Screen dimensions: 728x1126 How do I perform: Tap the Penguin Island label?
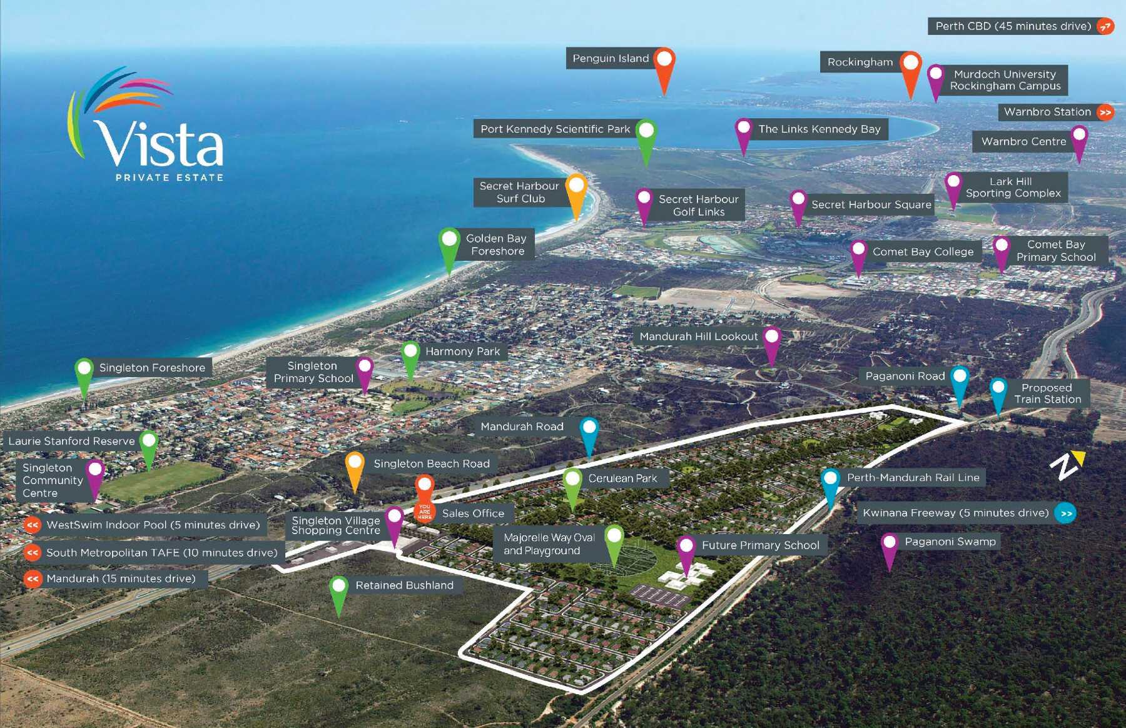[x=611, y=59]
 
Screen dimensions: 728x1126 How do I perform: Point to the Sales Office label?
[x=473, y=513]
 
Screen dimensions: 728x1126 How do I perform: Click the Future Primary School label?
[x=760, y=545]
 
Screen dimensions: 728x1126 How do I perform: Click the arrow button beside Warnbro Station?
[x=1105, y=113]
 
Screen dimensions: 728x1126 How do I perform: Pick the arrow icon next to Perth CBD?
[x=1105, y=26]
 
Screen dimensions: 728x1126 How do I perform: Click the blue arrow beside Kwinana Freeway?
[x=1065, y=513]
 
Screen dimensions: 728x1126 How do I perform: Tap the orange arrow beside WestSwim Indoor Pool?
[x=33, y=525]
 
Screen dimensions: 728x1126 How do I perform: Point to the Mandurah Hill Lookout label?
[x=698, y=336]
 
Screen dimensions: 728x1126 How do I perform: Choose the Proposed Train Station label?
[x=1047, y=393]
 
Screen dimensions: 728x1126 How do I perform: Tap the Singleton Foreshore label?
[x=152, y=368]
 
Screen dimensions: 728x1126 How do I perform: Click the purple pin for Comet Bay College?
[x=858, y=251]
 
